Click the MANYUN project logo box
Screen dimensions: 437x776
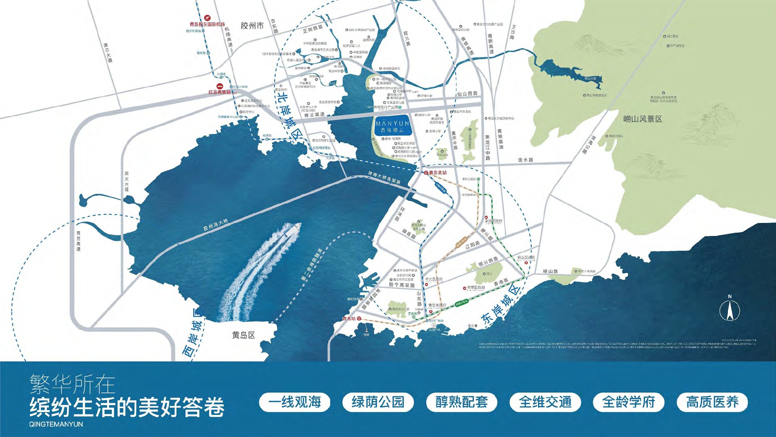point(392,126)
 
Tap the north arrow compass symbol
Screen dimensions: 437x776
point(730,310)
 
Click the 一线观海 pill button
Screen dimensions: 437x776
point(295,402)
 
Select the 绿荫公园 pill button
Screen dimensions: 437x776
point(378,402)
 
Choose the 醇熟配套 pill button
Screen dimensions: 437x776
point(462,402)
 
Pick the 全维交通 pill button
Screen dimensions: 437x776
point(545,402)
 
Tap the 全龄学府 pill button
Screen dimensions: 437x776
point(628,402)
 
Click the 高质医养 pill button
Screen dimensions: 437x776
point(712,402)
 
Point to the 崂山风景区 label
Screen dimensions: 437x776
point(642,119)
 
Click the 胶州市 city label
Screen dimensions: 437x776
point(252,26)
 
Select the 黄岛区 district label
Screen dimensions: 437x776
point(243,335)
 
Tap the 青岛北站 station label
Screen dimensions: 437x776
point(438,173)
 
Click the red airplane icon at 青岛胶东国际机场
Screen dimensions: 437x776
point(207,18)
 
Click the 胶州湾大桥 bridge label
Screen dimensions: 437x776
point(215,225)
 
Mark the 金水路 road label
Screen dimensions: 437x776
point(525,160)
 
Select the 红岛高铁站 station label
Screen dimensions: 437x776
point(219,92)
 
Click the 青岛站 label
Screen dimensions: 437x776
point(349,319)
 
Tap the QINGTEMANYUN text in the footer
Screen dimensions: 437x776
point(56,424)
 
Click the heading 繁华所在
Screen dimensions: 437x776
point(72,384)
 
